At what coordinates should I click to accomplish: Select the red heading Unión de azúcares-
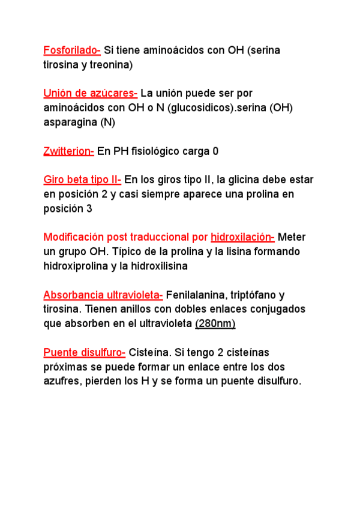click(91, 93)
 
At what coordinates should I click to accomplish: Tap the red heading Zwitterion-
click(68, 151)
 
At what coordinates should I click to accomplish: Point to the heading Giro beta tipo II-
click(82, 179)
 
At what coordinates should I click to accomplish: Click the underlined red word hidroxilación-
click(242, 237)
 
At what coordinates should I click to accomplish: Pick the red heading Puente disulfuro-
click(85, 352)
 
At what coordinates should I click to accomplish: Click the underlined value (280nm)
click(215, 324)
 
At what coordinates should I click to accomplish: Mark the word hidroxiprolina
click(76, 266)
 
